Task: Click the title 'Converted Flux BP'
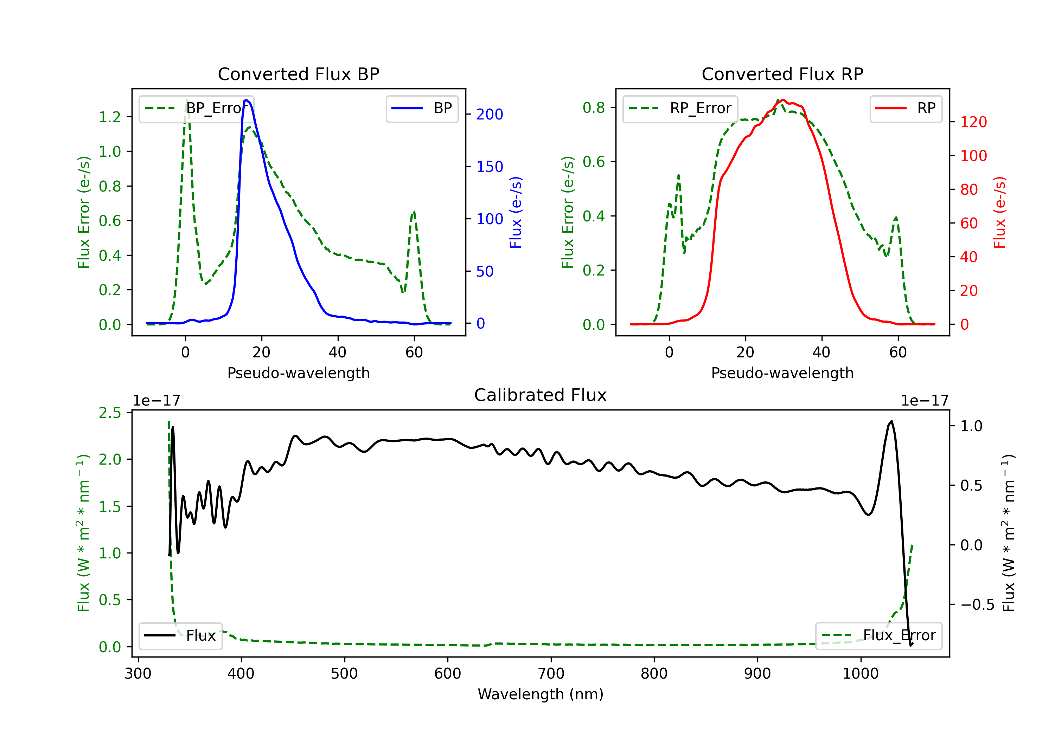click(x=298, y=74)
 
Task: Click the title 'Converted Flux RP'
click(x=782, y=74)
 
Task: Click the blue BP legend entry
click(x=422, y=108)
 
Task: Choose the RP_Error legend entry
click(x=680, y=108)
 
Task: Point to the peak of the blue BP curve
click(x=246, y=100)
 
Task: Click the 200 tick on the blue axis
click(x=490, y=114)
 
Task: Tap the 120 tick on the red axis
click(x=973, y=122)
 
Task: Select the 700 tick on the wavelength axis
click(x=551, y=674)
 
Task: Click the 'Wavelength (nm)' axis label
click(x=541, y=694)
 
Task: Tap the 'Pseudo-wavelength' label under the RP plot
click(x=782, y=373)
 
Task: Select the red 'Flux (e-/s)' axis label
click(x=999, y=212)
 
